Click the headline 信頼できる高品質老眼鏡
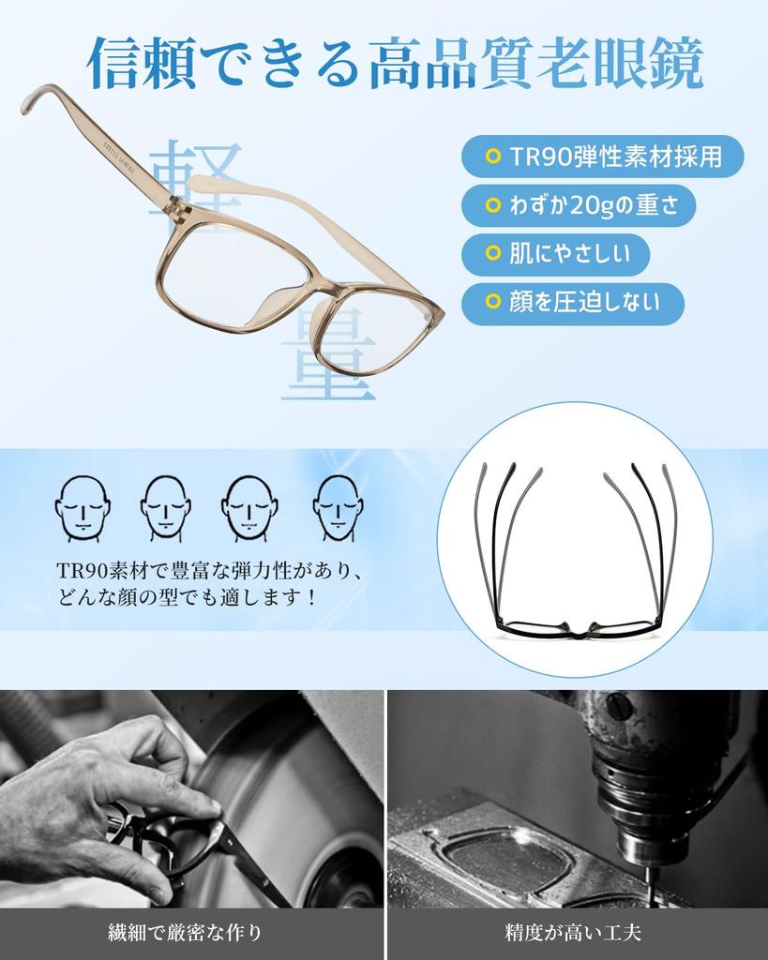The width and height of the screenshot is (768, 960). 394,64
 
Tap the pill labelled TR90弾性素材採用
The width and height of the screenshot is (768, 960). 603,157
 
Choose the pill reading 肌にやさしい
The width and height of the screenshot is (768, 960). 555,253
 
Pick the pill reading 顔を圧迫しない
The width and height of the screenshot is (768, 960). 572,302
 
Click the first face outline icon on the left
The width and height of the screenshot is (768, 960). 82,507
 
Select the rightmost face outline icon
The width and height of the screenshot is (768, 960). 338,507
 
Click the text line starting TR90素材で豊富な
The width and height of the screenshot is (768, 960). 208,571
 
